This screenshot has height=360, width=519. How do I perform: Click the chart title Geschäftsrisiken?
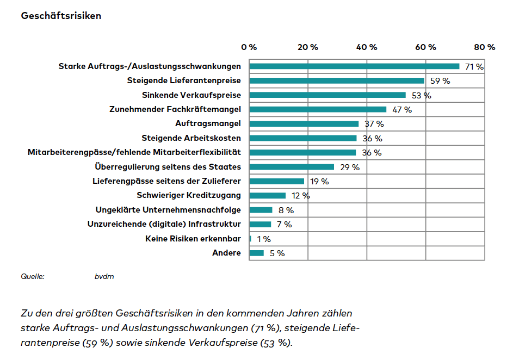[x=61, y=16]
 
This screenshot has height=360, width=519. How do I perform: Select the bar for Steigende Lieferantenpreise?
[x=336, y=81]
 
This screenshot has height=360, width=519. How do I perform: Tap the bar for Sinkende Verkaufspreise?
[x=327, y=95]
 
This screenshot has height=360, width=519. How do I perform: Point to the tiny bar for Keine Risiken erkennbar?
[x=250, y=239]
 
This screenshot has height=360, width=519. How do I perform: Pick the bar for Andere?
[x=256, y=253]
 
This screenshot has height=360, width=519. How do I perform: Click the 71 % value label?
[x=474, y=67]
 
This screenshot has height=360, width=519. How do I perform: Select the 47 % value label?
[x=402, y=110]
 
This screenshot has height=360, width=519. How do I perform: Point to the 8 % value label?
[x=286, y=210]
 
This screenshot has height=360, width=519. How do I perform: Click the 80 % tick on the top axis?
[x=484, y=47]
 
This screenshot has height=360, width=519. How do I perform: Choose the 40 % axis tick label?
[x=366, y=47]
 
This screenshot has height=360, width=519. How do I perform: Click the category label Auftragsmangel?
[x=208, y=124]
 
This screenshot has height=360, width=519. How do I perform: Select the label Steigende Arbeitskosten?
[x=191, y=138]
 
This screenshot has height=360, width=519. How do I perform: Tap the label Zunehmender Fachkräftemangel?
[x=175, y=109]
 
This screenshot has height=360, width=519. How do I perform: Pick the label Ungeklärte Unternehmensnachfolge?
[x=168, y=210]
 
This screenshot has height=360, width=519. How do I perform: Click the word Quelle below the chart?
[x=33, y=277]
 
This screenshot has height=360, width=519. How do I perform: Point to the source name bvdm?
[x=104, y=277]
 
